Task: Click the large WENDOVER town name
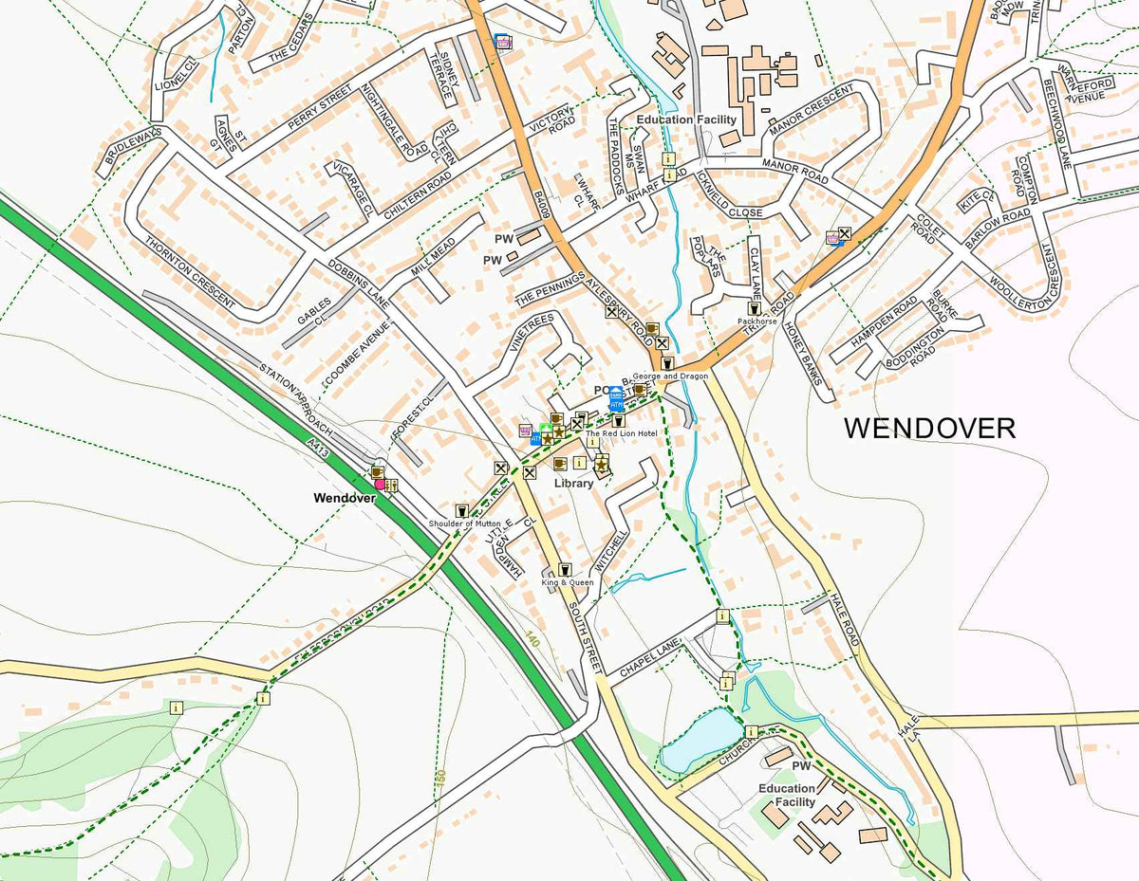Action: point(929,428)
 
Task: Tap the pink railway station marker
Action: point(380,485)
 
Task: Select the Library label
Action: point(574,483)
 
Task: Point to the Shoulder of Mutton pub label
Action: point(464,523)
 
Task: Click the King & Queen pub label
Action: point(568,582)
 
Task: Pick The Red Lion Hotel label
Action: point(621,433)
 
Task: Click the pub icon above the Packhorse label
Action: point(754,308)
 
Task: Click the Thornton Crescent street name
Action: point(190,271)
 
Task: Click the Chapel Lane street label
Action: point(650,658)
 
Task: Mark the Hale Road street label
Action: point(844,615)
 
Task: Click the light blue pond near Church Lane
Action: point(700,740)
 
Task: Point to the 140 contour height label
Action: point(532,643)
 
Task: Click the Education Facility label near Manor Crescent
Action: point(685,120)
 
